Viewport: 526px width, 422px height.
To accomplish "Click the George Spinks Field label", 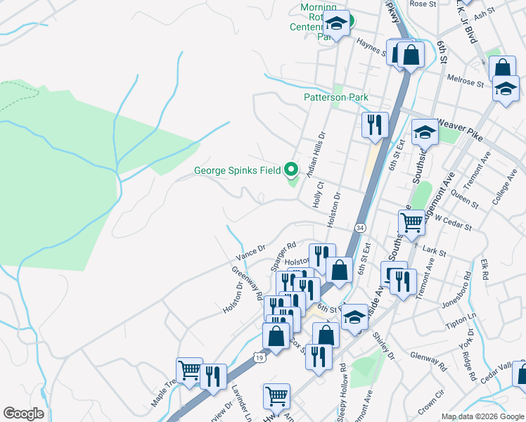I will point(237,170).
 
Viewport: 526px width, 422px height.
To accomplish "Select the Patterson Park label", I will point(336,98).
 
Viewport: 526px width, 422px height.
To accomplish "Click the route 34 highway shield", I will point(360,228).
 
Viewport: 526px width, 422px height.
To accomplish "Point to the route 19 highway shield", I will point(259,358).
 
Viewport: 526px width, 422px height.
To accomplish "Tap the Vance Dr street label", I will point(251,249).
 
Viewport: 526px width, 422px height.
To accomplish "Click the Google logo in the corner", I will point(23,414).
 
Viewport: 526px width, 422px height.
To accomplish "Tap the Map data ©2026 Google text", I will point(482,416).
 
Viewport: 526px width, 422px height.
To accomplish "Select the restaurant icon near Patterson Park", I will point(375,125).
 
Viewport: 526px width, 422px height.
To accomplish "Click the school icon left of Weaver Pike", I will point(425,132).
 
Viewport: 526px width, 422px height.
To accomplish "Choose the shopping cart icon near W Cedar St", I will point(412,223).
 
